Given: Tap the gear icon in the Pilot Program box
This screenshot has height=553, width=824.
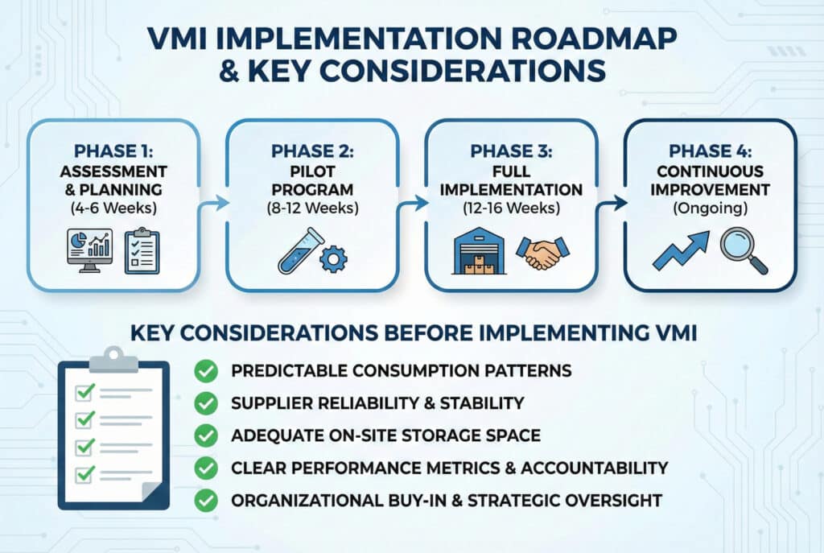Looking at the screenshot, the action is click(333, 259).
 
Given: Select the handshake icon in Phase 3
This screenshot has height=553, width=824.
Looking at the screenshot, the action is click(543, 252).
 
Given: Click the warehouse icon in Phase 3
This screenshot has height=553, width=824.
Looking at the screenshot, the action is click(480, 251).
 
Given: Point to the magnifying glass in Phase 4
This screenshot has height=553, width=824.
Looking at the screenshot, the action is click(744, 250).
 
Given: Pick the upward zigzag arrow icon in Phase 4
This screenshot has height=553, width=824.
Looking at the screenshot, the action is click(681, 250).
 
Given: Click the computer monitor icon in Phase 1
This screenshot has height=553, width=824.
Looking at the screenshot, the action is click(89, 250).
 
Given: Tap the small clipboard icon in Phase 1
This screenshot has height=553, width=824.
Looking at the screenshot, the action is click(142, 250).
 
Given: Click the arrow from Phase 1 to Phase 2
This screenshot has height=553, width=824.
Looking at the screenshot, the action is click(213, 203).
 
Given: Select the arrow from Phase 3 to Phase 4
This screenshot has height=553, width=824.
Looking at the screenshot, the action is click(612, 203).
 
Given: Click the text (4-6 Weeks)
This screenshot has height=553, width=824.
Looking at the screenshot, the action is click(113, 208).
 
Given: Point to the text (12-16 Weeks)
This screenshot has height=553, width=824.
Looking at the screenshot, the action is click(511, 208).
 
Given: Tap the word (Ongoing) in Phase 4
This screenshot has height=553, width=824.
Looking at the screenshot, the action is click(710, 208).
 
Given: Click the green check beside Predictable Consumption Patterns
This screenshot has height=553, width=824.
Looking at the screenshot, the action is click(206, 370).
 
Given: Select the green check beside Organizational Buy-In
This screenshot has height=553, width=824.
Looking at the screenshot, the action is click(206, 500).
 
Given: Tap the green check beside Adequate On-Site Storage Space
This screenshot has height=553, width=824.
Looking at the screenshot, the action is click(206, 435).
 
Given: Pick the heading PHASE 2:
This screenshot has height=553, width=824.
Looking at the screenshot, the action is click(313, 151).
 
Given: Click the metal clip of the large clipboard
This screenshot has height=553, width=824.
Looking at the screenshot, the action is click(113, 360).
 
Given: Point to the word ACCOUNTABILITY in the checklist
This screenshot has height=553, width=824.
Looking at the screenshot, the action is click(595, 468).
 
